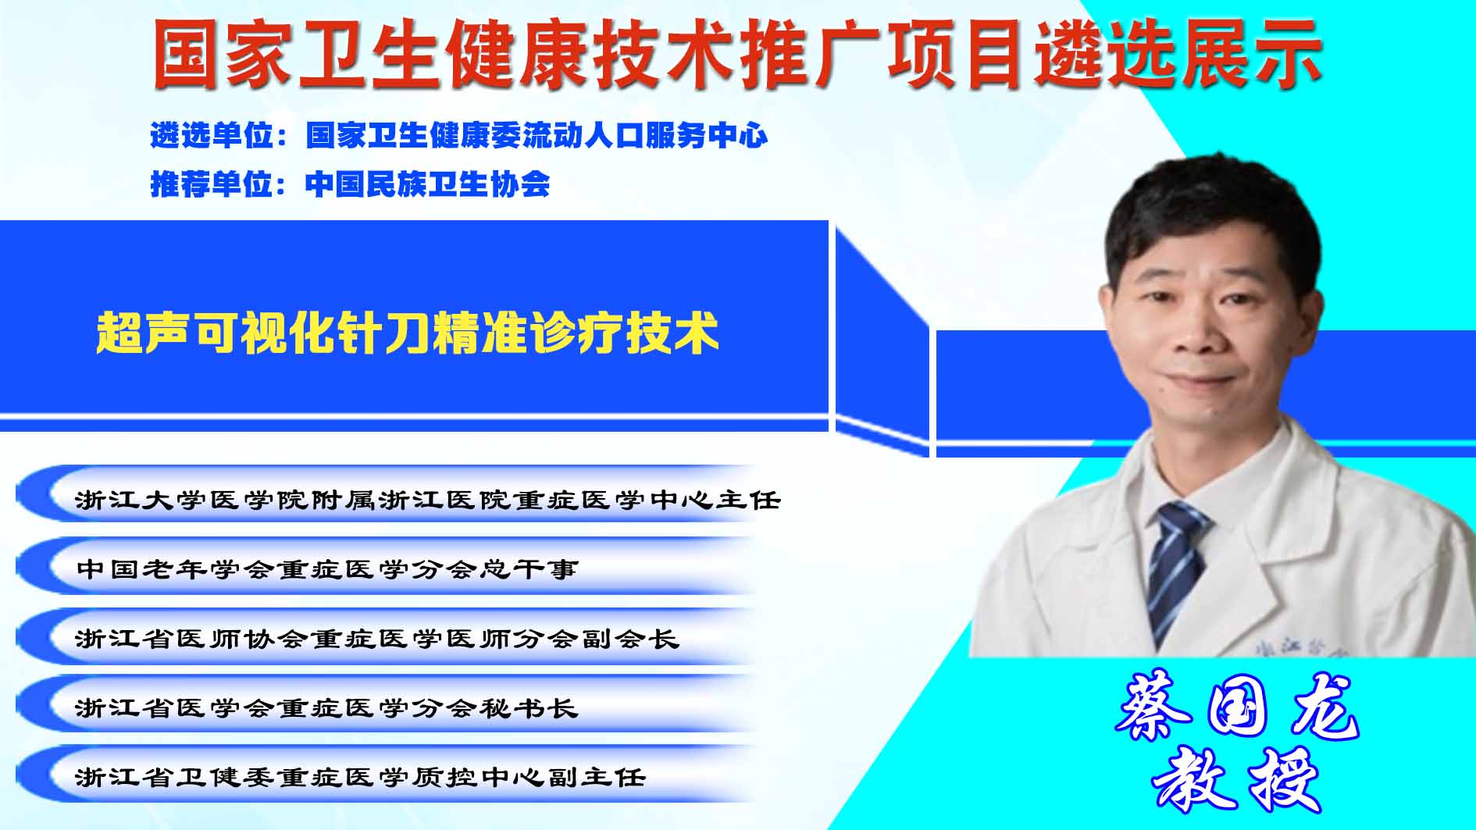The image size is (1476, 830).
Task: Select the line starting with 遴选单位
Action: coord(459,136)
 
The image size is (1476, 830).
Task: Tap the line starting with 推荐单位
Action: coord(350,184)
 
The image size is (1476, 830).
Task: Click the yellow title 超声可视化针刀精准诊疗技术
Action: coord(407,333)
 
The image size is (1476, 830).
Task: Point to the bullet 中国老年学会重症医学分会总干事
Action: coord(327,568)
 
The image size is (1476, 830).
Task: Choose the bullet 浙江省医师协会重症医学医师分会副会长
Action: coord(377,638)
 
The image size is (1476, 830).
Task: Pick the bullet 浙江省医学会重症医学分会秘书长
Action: coord(327,707)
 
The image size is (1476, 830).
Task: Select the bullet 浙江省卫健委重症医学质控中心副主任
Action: coord(361,776)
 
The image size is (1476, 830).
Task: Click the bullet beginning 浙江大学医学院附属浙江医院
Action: coord(428,499)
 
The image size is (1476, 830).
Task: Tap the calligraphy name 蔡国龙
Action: coord(1238,706)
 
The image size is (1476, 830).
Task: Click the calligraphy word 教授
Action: coord(1236,779)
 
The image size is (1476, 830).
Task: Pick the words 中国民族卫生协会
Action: coord(427,184)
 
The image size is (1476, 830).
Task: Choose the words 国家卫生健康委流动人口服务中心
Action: coord(537,136)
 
